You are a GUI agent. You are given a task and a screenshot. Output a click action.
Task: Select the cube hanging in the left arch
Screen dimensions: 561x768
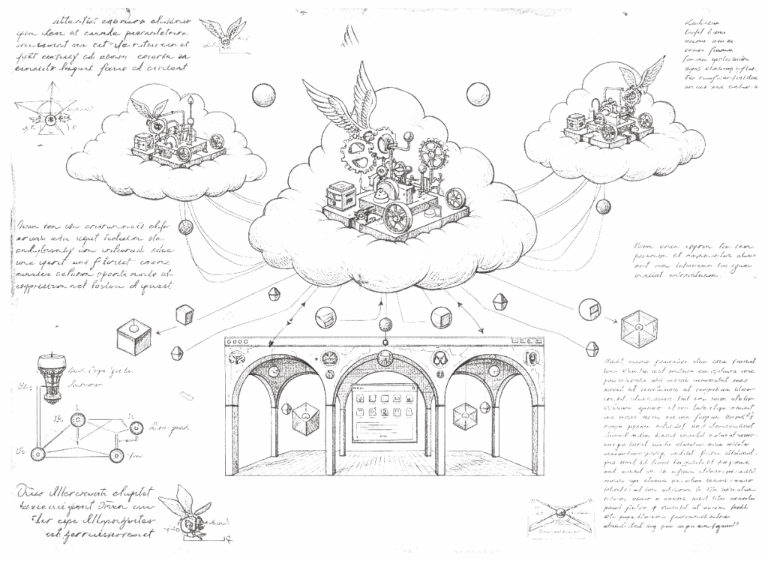click(305, 417)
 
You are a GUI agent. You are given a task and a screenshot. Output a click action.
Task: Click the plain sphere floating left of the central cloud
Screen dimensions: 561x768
click(263, 95)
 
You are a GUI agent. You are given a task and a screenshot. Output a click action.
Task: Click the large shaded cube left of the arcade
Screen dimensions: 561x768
click(133, 335)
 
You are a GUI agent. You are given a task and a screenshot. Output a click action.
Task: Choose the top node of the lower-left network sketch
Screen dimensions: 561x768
click(76, 418)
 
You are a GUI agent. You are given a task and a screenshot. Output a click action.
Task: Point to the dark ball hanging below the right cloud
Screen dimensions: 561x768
click(602, 205)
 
